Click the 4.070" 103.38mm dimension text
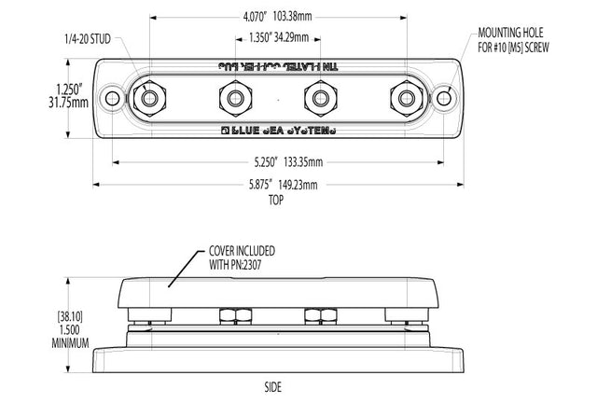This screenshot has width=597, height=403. tap(277, 16)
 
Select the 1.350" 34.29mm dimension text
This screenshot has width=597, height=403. tap(277, 38)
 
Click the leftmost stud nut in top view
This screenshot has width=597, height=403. tap(146, 97)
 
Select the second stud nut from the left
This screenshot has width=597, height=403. tap(233, 97)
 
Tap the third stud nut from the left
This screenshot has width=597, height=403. tap(320, 97)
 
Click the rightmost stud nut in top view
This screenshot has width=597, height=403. tap(406, 97)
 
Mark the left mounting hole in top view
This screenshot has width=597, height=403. tap(113, 97)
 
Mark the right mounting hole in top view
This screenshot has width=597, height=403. tap(441, 97)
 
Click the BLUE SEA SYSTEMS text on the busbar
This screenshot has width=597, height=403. tap(277, 131)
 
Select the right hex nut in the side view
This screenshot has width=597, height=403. tap(319, 315)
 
